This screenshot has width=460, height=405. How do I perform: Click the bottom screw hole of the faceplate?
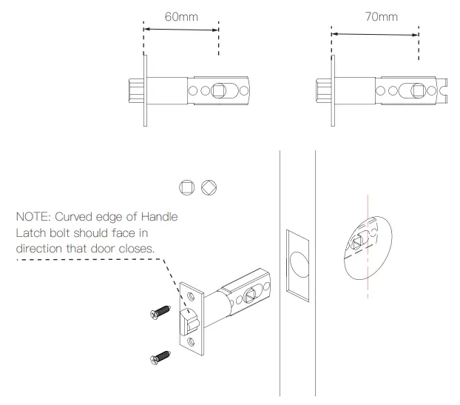(192, 342)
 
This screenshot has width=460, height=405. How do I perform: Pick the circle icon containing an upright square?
(188, 187)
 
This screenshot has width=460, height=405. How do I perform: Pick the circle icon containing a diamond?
(209, 187)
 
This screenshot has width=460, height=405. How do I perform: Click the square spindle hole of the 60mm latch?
(218, 91)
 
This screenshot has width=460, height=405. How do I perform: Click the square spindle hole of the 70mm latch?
(418, 91)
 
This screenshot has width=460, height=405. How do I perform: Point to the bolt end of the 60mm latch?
(135, 91)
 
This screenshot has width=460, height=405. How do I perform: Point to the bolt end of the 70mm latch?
(323, 91)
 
